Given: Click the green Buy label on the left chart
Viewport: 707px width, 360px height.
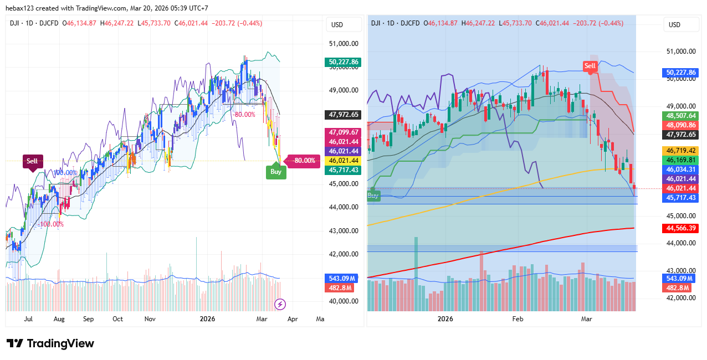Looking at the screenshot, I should (276, 172).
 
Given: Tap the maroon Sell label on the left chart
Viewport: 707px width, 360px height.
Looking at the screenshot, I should (32, 161).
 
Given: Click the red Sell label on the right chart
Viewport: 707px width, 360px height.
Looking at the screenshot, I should (590, 66).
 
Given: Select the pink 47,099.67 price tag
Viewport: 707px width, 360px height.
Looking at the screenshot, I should (344, 132).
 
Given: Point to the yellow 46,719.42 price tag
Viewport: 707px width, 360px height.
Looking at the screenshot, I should (681, 151).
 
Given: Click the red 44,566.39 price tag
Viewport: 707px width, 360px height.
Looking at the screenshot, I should (681, 228).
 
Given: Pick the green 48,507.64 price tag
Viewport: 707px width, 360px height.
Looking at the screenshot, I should (681, 116).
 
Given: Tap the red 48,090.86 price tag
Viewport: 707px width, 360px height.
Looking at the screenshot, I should (681, 125).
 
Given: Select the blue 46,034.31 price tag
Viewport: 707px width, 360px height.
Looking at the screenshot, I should (681, 169).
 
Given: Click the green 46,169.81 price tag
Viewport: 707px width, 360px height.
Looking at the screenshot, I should (681, 160).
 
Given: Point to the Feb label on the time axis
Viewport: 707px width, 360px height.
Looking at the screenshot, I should (518, 319).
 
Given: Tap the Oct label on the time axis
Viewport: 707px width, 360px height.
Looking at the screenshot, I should (117, 319).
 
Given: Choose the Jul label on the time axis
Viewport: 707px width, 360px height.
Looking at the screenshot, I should (28, 319).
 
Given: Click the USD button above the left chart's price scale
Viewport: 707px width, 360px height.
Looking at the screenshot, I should (337, 24).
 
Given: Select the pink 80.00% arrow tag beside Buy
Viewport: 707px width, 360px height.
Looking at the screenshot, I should (304, 161).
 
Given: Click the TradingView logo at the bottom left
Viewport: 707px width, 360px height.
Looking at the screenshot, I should (50, 343).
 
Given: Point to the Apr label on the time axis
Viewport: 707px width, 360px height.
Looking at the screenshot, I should (293, 319).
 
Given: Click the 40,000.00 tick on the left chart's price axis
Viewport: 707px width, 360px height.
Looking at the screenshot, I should (344, 301).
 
